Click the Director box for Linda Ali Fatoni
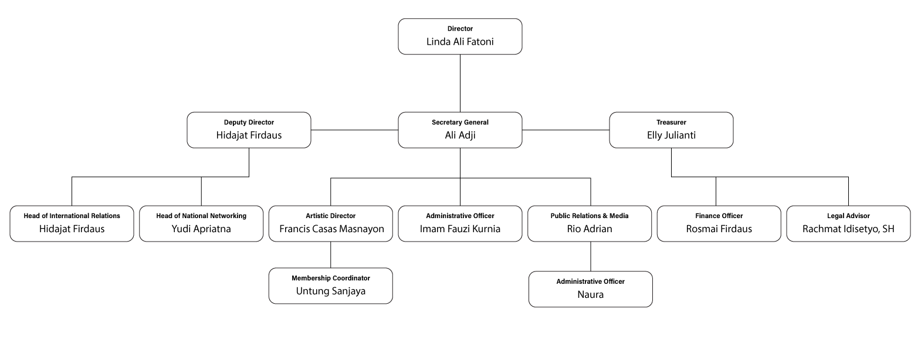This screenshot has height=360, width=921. pos(460,36)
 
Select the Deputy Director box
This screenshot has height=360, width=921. pos(249,130)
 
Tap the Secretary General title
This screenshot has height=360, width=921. pos(460,123)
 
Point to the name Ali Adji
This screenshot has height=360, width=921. pos(460,135)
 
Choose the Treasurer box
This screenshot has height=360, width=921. pos(671,130)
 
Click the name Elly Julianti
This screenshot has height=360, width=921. pos(671,135)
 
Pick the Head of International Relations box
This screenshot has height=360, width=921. pos(72,223)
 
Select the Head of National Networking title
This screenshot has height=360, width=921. pos(201,216)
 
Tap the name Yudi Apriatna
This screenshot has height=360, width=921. pos(201,229)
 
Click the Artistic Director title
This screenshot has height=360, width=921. pos(331,216)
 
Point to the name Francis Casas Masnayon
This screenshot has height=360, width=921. pos(331,229)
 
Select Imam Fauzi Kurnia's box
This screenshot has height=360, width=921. pos(460,223)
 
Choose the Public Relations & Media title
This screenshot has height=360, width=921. pos(590,216)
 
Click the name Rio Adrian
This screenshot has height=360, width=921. pos(590,229)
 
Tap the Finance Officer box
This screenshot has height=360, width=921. pos(719,223)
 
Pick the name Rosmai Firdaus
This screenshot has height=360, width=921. pos(719,229)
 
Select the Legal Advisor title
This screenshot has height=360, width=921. pos(848,216)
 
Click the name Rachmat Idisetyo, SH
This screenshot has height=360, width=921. pos(848,229)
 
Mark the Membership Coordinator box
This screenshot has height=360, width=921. pos(331,286)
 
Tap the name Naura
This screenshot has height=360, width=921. pos(591,295)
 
